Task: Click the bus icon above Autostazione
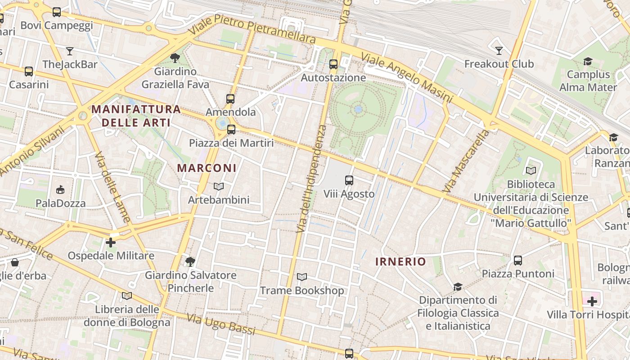tap(333, 64)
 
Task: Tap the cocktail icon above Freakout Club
tap(499, 50)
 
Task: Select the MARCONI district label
tap(207, 168)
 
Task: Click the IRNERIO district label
tap(400, 261)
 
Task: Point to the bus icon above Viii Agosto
tap(349, 180)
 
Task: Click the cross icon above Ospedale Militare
tap(111, 243)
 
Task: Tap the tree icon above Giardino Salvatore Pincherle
tap(190, 261)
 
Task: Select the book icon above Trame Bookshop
tap(302, 277)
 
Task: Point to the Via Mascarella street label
tap(466, 161)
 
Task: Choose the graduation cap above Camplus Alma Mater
tap(588, 61)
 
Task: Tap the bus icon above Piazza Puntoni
tap(518, 260)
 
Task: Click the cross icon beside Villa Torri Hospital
tap(592, 301)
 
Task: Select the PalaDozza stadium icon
tap(60, 189)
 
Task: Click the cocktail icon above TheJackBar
tap(70, 51)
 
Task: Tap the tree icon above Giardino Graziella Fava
tap(175, 58)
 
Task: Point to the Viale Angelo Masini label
tap(406, 77)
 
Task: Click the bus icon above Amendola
tap(230, 99)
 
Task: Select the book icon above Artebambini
tap(219, 186)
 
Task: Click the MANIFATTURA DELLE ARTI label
tap(136, 116)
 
